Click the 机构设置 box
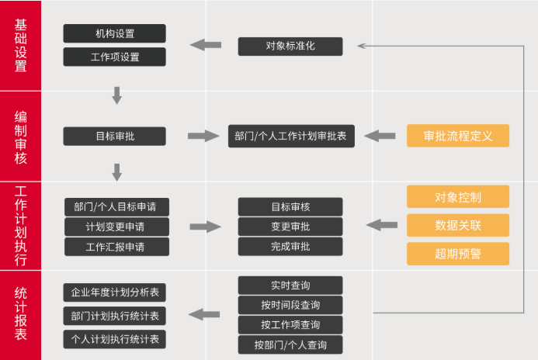point(114,33)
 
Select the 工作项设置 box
point(114,57)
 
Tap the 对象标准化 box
point(290,46)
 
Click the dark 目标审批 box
point(114,136)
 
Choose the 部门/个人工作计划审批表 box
point(291,136)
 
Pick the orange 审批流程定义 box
point(458,136)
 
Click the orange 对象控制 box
point(458,196)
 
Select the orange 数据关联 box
point(458,225)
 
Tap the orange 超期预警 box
point(458,254)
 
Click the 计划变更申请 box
point(116,227)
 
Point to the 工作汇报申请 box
point(116,247)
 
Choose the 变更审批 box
point(290,227)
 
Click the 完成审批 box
point(290,247)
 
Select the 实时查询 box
point(290,285)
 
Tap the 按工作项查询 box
point(290,325)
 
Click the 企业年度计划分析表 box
point(114,292)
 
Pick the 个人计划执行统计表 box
point(114,339)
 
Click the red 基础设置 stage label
point(21,45)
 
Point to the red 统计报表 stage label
point(21,314)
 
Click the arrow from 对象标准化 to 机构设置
point(205,45)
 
